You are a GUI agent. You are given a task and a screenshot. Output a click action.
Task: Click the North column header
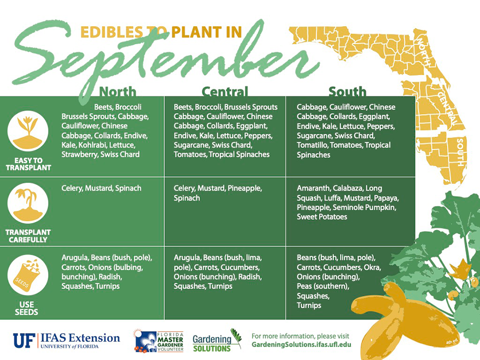click(x=118, y=92)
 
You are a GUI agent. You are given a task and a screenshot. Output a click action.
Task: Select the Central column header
click(x=225, y=92)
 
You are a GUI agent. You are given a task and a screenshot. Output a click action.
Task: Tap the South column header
click(x=347, y=92)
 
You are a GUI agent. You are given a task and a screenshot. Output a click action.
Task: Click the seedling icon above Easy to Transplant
click(x=28, y=131)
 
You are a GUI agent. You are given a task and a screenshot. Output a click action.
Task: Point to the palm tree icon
click(x=28, y=203)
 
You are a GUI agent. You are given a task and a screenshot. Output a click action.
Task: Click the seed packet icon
click(x=28, y=275)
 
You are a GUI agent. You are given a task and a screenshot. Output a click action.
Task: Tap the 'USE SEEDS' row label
click(x=27, y=308)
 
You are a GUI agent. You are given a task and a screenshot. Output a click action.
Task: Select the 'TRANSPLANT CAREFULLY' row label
click(x=28, y=236)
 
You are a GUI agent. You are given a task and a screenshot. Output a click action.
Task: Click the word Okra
click(x=372, y=267)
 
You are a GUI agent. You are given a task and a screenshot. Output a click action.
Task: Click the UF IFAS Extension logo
click(x=67, y=341)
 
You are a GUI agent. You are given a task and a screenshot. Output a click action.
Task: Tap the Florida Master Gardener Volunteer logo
click(x=158, y=341)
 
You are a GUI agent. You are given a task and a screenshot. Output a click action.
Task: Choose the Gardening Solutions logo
click(x=217, y=341)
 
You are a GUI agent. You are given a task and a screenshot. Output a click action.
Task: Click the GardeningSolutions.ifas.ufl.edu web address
click(x=301, y=345)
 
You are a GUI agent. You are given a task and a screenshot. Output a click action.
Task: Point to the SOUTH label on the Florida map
click(x=460, y=152)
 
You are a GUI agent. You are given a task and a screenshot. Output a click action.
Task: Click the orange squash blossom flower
click(x=460, y=269)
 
